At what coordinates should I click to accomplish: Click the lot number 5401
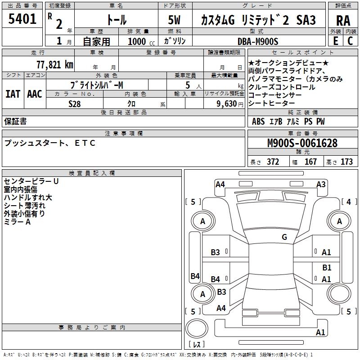(22, 19)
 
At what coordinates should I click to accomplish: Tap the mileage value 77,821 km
(54, 65)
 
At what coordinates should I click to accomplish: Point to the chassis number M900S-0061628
(302, 143)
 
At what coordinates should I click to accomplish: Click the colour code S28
(74, 103)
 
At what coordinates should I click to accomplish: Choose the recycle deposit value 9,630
(225, 103)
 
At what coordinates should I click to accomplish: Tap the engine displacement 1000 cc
(140, 41)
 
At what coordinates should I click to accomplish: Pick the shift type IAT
(13, 94)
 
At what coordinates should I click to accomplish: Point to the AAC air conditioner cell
(35, 94)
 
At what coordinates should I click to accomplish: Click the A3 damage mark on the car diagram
(321, 184)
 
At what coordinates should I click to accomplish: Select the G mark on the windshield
(284, 237)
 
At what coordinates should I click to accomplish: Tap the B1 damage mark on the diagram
(327, 267)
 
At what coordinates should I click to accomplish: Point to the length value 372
(273, 162)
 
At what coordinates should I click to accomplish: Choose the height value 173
(346, 162)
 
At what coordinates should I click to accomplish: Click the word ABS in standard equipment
(258, 121)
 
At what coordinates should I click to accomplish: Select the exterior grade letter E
(335, 41)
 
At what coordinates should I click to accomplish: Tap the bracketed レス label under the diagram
(197, 345)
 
